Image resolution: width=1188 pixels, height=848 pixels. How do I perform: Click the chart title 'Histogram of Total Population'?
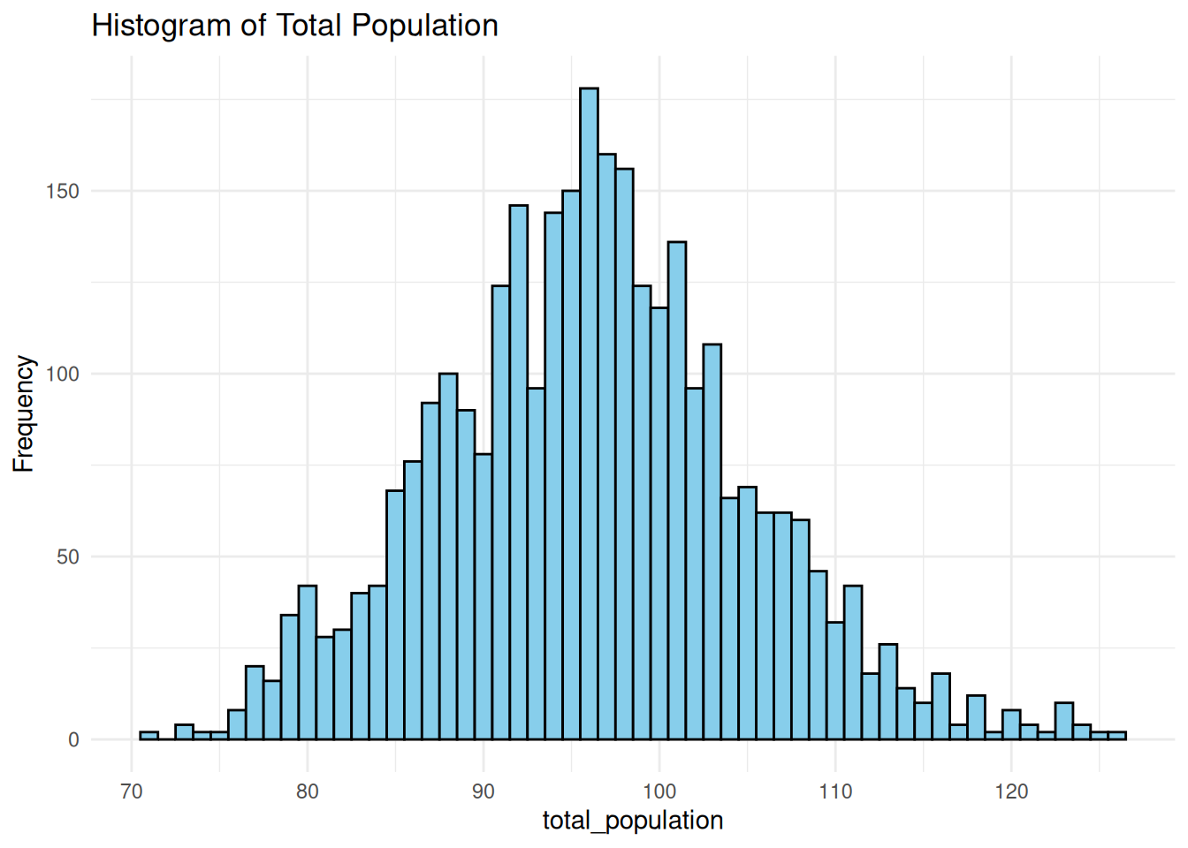294,26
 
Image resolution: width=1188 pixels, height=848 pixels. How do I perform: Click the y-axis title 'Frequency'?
24,413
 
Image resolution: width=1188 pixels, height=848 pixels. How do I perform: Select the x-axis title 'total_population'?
633,821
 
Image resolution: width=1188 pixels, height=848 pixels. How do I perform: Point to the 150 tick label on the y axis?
62,192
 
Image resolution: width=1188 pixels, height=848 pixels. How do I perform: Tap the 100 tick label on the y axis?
62,375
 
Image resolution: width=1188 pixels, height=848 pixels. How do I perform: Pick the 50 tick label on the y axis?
67,557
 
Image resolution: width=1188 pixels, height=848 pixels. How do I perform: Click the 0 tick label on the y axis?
73,740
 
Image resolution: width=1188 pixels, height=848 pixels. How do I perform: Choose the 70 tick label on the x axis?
132,791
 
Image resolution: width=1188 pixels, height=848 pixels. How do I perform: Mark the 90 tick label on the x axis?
484,791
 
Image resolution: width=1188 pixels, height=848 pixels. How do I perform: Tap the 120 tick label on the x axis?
1011,791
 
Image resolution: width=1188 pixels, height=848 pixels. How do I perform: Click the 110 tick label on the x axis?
835,791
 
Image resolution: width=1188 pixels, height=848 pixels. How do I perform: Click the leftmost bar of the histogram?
149,736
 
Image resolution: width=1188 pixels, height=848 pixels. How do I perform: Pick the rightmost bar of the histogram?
1117,736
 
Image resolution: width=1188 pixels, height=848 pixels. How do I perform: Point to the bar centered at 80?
308,662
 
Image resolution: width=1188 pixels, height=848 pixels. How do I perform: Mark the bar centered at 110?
835,680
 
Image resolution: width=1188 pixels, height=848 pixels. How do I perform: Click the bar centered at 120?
1011,725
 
